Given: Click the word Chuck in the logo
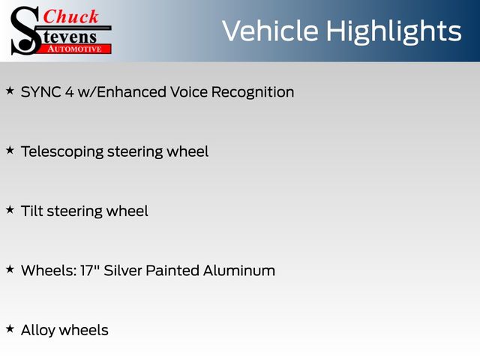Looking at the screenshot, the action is [70, 16].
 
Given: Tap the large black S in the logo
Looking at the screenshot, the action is [25, 31].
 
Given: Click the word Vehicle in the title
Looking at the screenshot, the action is [270, 31].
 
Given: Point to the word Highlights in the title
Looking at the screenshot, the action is [393, 31].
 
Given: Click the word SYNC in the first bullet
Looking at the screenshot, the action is [40, 91].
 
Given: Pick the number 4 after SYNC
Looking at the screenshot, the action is [70, 91].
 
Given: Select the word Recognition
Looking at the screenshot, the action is [253, 92].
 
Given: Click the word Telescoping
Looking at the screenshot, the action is [62, 152].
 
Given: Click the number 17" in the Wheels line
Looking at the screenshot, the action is [89, 271].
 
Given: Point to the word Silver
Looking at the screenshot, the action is [122, 271].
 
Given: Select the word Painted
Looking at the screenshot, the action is [172, 271].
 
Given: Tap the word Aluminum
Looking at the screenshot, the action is [239, 271].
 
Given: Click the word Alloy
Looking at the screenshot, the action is [38, 331].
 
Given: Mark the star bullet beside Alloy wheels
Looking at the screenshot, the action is [10, 328].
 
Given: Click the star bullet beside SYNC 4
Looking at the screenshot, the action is [10, 91].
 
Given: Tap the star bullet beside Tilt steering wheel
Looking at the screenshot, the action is [10, 210].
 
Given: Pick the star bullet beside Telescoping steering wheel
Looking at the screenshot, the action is [10, 150].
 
